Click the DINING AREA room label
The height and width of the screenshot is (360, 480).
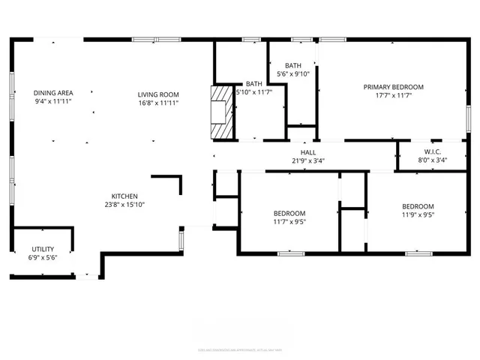[x=53, y=93]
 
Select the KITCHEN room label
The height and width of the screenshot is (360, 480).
[x=124, y=195]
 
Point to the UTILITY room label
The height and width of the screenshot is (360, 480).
[x=42, y=249]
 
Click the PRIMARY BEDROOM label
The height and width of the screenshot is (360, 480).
[x=393, y=87]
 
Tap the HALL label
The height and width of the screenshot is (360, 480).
[x=308, y=152]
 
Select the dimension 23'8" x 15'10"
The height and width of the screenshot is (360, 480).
[x=124, y=204]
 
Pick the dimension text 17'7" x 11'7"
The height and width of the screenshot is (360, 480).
[x=393, y=96]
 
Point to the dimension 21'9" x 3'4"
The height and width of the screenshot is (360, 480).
[x=308, y=160]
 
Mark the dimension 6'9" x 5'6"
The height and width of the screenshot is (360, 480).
[x=42, y=257]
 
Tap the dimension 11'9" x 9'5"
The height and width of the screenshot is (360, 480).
[x=418, y=215]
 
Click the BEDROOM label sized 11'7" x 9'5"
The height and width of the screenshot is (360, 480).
[x=289, y=213]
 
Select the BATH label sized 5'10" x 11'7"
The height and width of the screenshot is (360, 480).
[x=254, y=84]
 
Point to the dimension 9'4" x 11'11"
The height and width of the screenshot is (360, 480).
[x=53, y=101]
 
